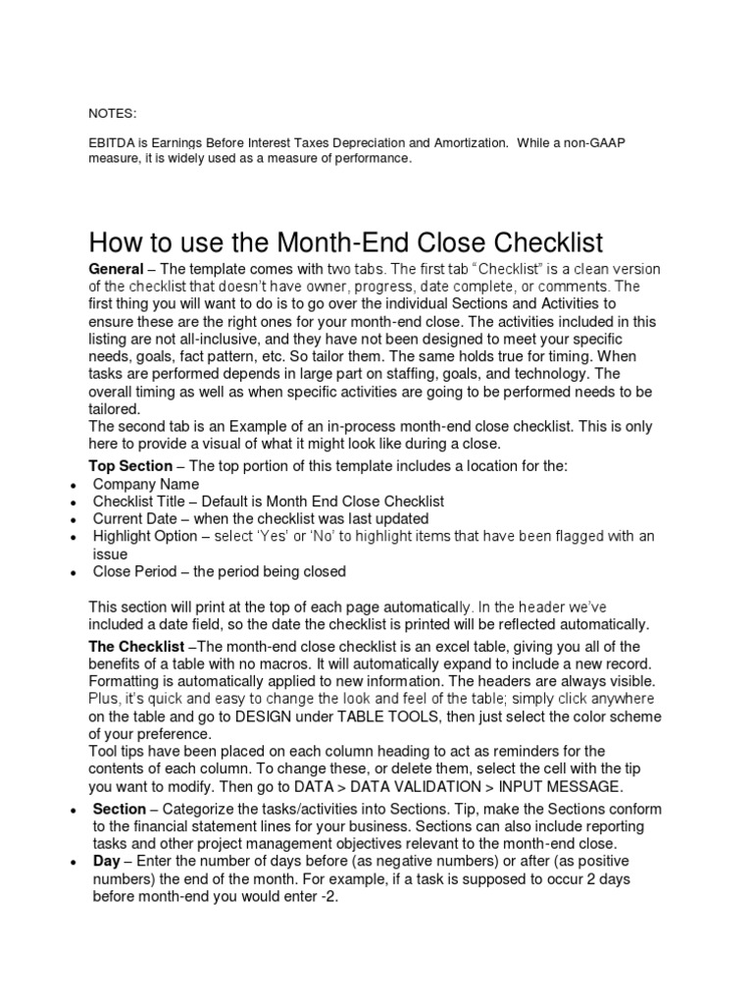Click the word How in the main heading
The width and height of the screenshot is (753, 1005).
[113, 241]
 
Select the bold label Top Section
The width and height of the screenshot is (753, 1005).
[130, 465]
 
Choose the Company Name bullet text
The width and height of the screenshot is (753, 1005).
[146, 484]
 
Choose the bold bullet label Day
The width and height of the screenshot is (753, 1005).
[108, 862]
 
